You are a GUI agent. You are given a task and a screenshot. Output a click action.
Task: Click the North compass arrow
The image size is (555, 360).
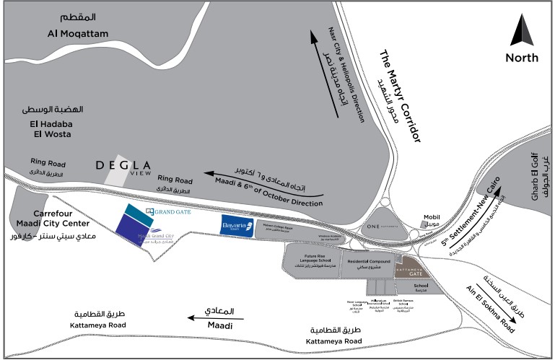pyautogui.click(x=521, y=32)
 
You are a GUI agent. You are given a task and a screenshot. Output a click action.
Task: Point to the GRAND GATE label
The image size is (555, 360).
pyautogui.click(x=171, y=211)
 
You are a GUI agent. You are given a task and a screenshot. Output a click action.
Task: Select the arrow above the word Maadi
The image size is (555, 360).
pyautogui.click(x=210, y=315)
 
